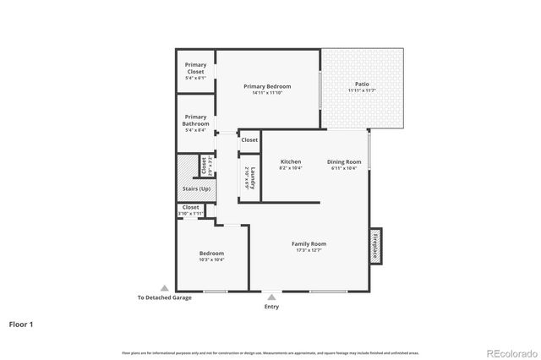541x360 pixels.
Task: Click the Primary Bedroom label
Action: (267, 86)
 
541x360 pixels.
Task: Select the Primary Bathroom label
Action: (195, 120)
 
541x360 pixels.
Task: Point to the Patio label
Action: (361, 85)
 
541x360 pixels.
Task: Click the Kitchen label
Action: (291, 161)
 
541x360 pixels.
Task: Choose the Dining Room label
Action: (344, 161)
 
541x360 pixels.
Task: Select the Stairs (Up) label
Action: (196, 188)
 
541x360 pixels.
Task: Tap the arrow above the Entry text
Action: (270, 297)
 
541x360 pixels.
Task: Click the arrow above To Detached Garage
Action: (164, 288)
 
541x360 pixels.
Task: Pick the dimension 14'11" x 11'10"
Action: (267, 93)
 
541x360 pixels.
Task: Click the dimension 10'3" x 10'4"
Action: (211, 259)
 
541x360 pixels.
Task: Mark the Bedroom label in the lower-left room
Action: (211, 253)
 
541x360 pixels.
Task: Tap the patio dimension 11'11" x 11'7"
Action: (361, 91)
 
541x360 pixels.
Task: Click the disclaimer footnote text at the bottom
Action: (270, 352)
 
